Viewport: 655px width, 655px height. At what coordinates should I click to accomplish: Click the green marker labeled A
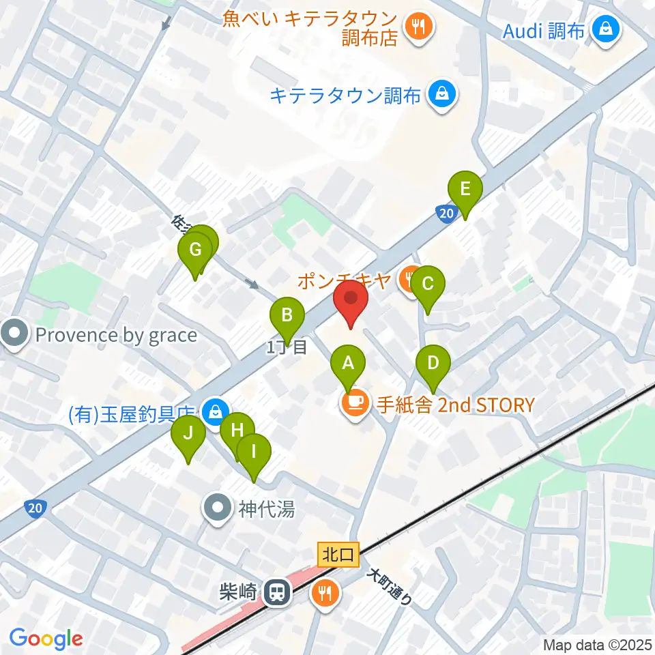(348, 364)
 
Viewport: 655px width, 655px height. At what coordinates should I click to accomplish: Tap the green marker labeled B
(287, 316)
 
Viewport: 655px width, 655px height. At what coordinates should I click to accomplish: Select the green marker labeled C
(428, 284)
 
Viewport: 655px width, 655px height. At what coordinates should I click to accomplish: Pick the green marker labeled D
(433, 363)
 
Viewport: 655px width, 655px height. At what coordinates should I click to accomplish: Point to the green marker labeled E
(465, 189)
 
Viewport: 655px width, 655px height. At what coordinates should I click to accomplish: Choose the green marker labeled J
(188, 433)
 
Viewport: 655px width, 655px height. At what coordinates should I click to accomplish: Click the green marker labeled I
(254, 452)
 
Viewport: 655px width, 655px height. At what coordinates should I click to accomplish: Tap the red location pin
(351, 300)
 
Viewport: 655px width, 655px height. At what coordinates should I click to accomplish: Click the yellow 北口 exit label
(338, 554)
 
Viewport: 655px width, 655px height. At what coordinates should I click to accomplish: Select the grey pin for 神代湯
(218, 508)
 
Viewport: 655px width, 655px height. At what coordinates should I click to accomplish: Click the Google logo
(46, 639)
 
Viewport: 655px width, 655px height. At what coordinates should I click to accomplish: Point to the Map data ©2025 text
(598, 644)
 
